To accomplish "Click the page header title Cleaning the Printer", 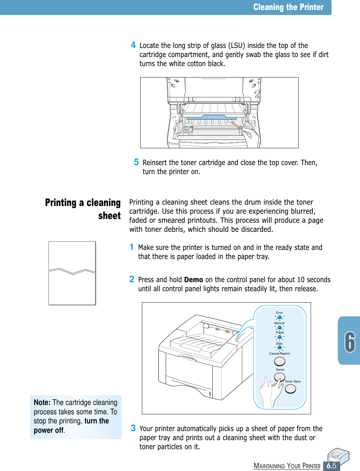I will [288, 7].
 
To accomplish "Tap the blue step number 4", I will [133, 45].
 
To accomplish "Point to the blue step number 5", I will [136, 162].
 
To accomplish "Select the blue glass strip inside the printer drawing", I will [211, 117].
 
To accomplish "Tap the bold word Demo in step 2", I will [194, 280].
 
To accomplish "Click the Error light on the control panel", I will [279, 317].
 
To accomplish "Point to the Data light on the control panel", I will [279, 347].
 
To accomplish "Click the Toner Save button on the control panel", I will [291, 388].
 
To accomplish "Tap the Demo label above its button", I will [280, 370].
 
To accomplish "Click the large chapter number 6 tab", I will [350, 342].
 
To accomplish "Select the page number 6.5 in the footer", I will [331, 466].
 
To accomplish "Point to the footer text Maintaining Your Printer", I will [287, 466].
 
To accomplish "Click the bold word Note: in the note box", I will [42, 403].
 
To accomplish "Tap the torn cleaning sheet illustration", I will [72, 273].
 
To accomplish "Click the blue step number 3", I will [133, 428].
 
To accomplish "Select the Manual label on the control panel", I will [279, 323].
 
